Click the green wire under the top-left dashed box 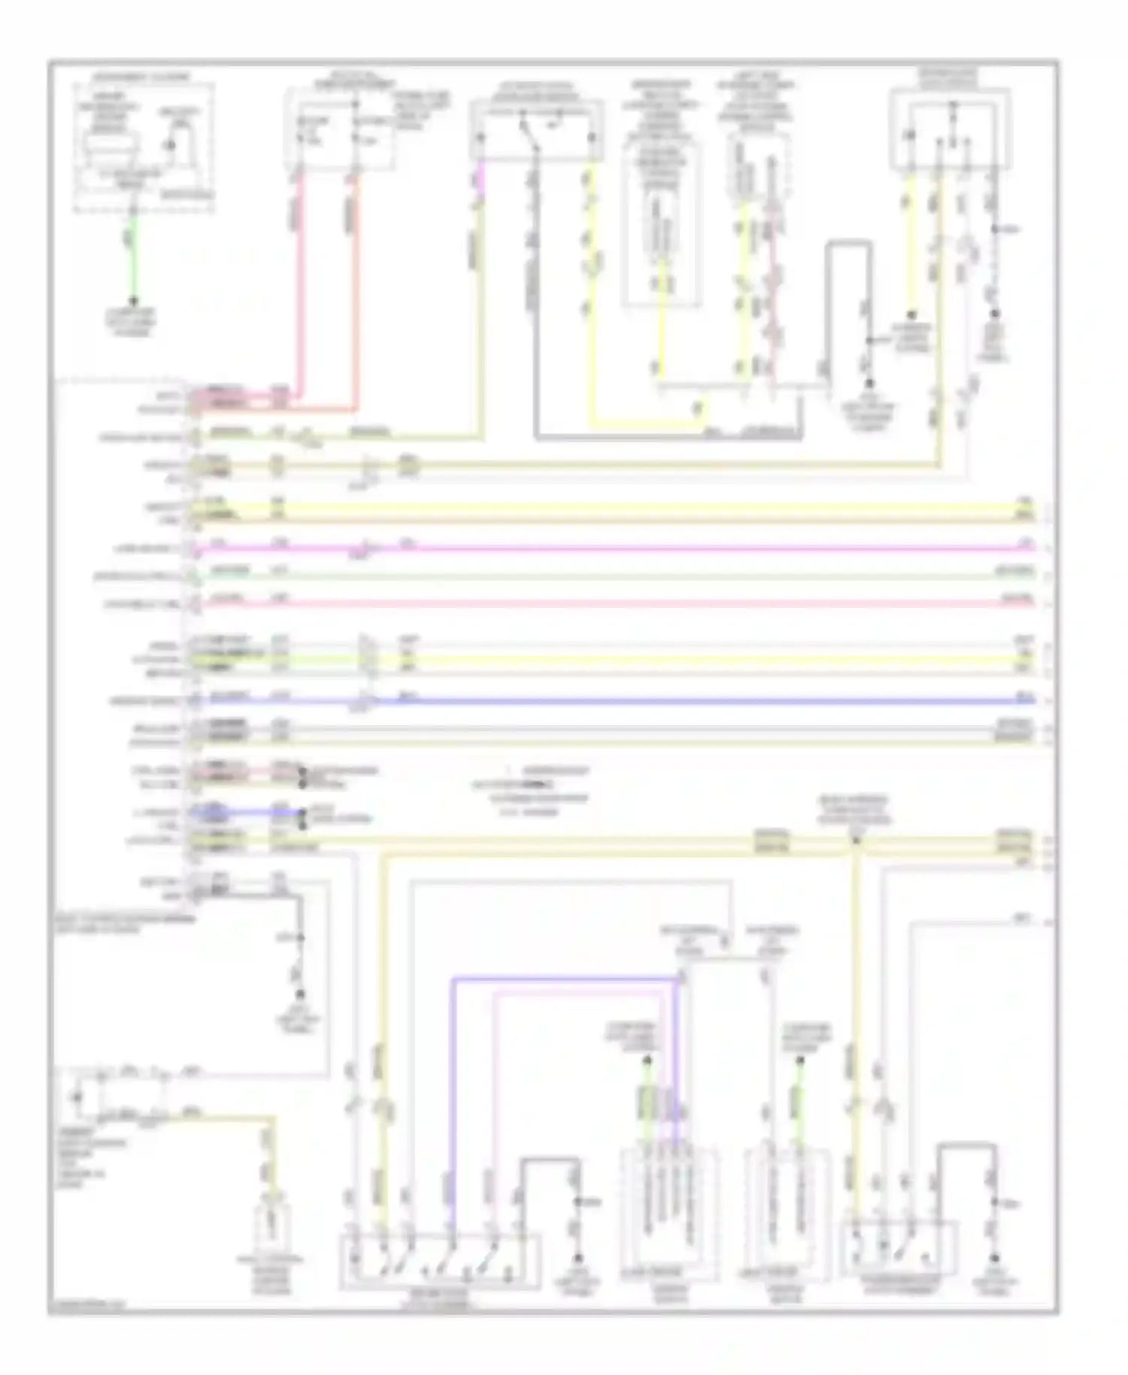[x=134, y=256]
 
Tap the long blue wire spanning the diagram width [x=677, y=701]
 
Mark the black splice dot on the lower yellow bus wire [x=856, y=840]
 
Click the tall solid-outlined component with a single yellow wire [x=662, y=226]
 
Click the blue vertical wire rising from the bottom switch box [x=453, y=1091]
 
